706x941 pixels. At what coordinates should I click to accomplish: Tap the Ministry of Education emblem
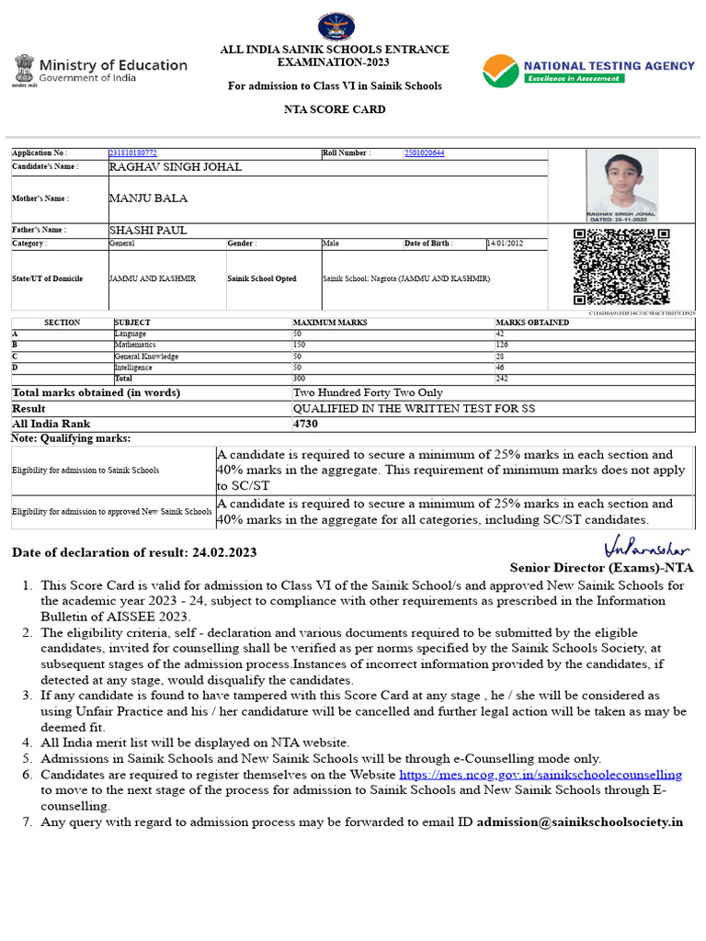tap(24, 70)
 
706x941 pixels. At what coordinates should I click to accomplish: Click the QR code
tap(621, 266)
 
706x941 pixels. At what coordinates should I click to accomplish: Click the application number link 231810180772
tap(133, 153)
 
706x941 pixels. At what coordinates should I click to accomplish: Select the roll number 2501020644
tap(424, 153)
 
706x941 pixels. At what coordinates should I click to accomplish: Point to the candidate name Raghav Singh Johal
tap(176, 167)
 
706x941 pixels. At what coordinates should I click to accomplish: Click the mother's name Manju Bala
tap(148, 198)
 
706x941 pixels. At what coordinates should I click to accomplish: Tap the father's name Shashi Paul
tap(147, 230)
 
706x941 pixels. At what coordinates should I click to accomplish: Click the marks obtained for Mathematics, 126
tap(503, 345)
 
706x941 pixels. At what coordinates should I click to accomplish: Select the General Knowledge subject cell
tap(146, 356)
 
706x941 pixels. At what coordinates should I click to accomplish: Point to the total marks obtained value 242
tap(502, 378)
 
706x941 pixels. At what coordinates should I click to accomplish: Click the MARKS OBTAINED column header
tap(532, 323)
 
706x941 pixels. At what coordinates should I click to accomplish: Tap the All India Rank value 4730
tap(305, 424)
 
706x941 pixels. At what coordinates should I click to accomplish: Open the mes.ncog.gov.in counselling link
tap(541, 775)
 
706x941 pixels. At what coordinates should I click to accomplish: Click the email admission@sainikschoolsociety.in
tap(580, 821)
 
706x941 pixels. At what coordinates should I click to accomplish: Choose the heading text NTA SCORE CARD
tap(335, 109)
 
